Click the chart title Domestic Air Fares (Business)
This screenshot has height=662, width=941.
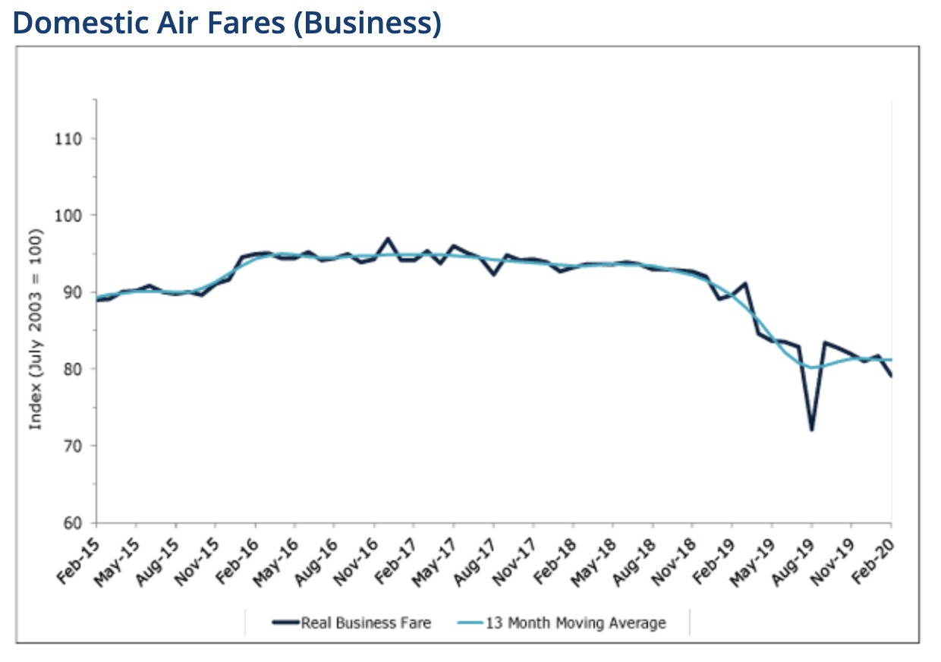(227, 24)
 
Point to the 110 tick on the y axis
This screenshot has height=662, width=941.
(69, 139)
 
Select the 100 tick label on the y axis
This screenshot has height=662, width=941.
(69, 216)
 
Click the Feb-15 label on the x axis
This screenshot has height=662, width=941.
(78, 553)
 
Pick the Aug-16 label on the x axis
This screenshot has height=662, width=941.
(316, 553)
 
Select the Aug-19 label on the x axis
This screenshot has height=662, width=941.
(793, 553)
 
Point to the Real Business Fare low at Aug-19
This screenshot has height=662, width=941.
(811, 430)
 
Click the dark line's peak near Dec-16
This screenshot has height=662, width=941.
(388, 238)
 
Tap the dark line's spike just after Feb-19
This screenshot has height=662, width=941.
(746, 284)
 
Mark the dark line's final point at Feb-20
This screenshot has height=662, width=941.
(891, 376)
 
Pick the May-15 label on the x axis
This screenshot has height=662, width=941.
(118, 553)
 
